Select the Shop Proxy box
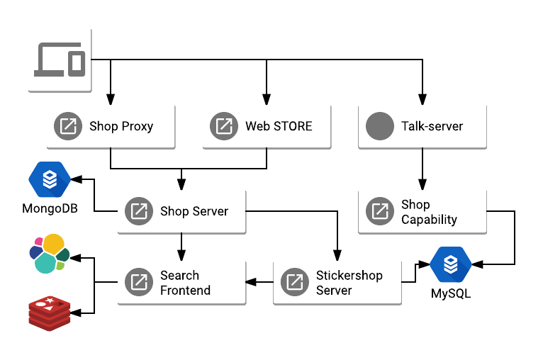111,127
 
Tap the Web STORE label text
279,127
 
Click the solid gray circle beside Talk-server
380,127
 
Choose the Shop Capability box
422,211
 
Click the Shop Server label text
194,211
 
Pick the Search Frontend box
181,282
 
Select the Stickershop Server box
337,282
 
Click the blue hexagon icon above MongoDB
50,179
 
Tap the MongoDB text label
50,209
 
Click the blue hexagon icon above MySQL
451,264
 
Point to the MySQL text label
451,293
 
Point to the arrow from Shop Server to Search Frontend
181,247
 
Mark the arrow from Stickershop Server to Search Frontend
259,282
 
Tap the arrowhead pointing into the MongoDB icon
78,179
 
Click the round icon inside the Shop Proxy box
69,127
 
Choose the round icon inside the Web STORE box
224,127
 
